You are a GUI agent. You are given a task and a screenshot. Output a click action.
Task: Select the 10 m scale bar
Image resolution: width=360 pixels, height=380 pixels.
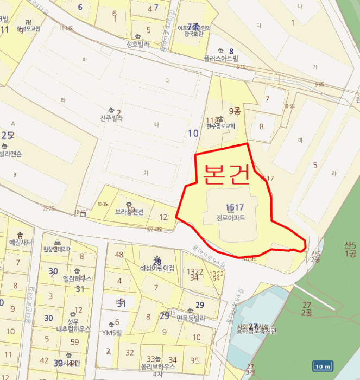(323, 366)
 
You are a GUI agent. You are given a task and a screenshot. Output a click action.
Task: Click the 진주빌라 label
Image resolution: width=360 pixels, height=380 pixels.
(113, 118)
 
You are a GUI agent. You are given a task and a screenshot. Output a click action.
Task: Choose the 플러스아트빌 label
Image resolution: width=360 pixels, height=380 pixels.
(221, 58)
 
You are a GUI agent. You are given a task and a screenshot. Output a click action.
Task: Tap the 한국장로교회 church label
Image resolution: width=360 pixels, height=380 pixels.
(220, 126)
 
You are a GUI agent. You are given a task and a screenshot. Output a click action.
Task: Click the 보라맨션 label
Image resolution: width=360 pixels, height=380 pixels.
(129, 212)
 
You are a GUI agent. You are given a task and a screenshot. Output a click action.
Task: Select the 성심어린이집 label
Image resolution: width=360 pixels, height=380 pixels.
(157, 268)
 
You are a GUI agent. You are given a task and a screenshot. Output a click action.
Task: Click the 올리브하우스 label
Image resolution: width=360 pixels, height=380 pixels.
(158, 366)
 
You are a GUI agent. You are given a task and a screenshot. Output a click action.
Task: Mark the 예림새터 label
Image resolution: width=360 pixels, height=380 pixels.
(21, 242)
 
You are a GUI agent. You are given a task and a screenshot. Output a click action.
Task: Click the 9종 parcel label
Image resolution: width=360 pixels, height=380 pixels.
(235, 111)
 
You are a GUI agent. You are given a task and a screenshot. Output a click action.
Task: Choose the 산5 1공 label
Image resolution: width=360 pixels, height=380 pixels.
(350, 250)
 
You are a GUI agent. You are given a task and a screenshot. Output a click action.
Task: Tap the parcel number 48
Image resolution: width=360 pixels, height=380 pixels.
(119, 255)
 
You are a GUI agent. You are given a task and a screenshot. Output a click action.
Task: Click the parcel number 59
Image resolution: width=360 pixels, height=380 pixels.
(74, 342)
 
